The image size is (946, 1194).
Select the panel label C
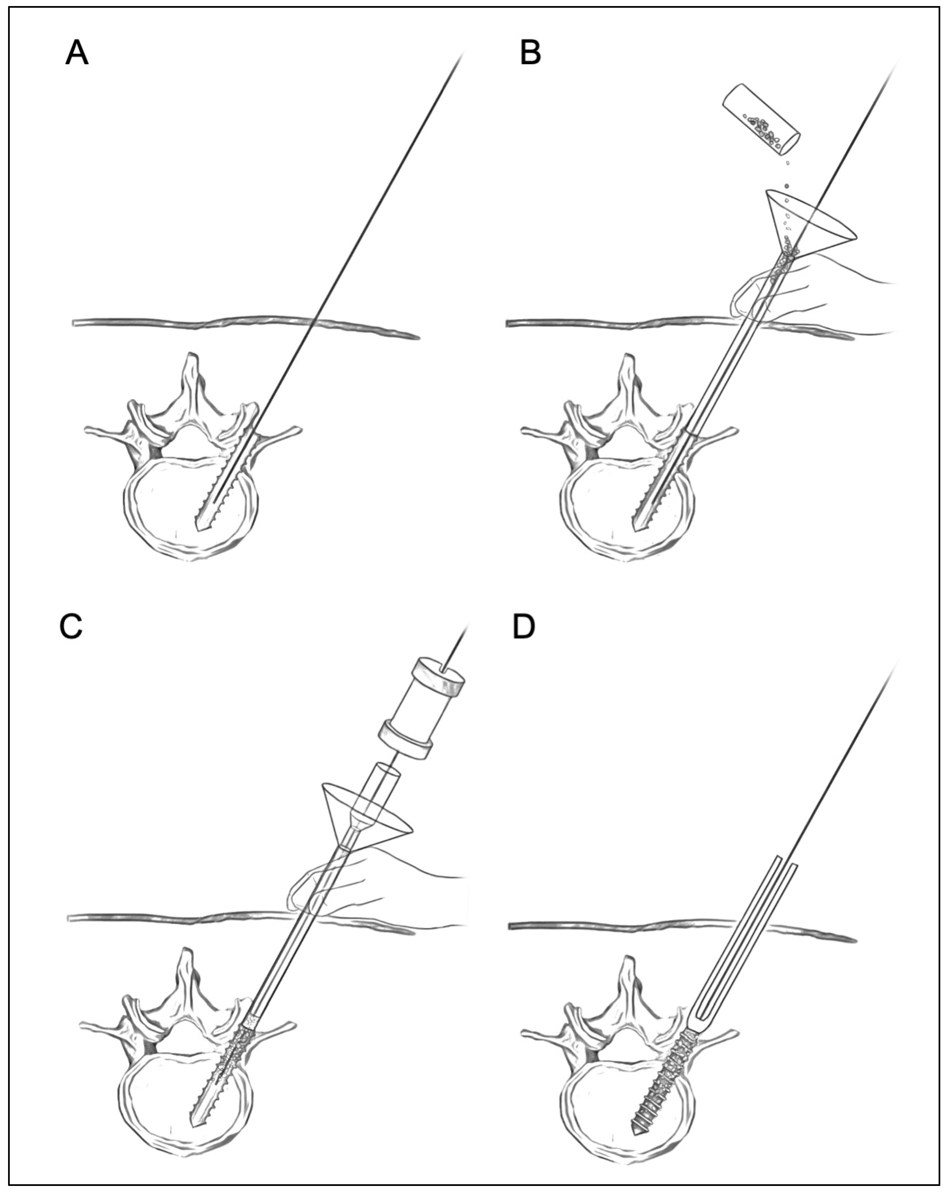pos(71,626)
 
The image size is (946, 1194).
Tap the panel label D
pos(524,626)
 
